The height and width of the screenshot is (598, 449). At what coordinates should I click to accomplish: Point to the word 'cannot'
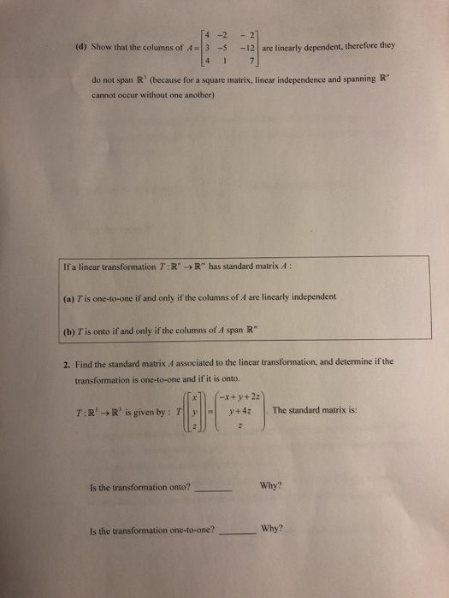[x=104, y=96]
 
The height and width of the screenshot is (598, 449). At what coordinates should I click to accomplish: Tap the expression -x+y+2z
[x=241, y=396]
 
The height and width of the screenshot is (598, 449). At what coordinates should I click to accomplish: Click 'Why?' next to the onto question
[x=270, y=487]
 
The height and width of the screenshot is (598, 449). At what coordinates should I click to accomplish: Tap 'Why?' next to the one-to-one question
[x=273, y=528]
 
